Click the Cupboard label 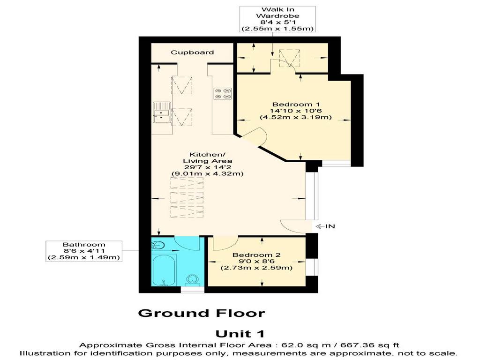pyautogui.click(x=192, y=52)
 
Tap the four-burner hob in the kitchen pyautogui.click(x=223, y=94)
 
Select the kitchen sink pyautogui.click(x=162, y=112)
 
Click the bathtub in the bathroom pyautogui.click(x=164, y=270)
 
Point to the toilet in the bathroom pyautogui.click(x=193, y=279)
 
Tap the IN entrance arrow pyautogui.click(x=325, y=226)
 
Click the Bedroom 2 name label pyautogui.click(x=256, y=255)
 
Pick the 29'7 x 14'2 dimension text pyautogui.click(x=208, y=167)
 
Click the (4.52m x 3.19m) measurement pyautogui.click(x=296, y=117)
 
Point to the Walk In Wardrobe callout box pyautogui.click(x=277, y=19)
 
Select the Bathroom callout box pyautogui.click(x=84, y=251)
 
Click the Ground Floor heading pyautogui.click(x=202, y=313)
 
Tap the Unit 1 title pyautogui.click(x=240, y=334)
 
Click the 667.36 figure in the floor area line pyautogui.click(x=360, y=345)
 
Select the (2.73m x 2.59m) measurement pyautogui.click(x=256, y=268)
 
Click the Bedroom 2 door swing pyautogui.click(x=225, y=243)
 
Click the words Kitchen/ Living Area pyautogui.click(x=208, y=157)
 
